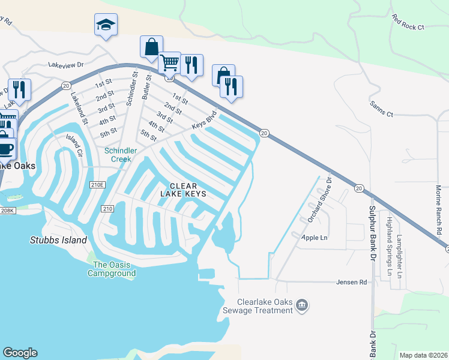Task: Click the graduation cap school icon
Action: [x=106, y=25]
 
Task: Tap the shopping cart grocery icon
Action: [x=170, y=62]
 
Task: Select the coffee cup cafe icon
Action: [x=5, y=148]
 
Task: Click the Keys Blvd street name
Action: [x=204, y=122]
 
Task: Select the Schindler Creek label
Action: [x=121, y=155]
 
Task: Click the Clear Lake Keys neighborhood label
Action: [x=184, y=190]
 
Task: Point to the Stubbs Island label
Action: [x=58, y=240]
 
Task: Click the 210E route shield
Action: [x=97, y=185]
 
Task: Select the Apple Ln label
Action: [x=315, y=238]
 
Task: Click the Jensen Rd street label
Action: [x=351, y=281]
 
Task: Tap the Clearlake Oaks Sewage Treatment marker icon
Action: [x=303, y=306]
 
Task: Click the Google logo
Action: [x=20, y=353]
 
